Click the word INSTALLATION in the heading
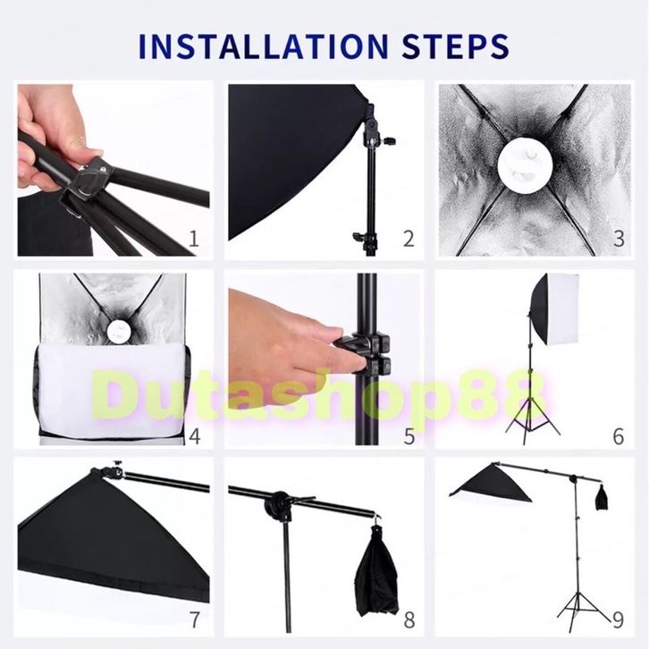(263, 46)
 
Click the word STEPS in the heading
(455, 46)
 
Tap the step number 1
(194, 239)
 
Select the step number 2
(409, 239)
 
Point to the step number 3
(619, 239)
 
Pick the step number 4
(195, 436)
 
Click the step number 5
(409, 436)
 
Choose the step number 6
(619, 436)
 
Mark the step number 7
(195, 619)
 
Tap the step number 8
(409, 619)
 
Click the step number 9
(618, 619)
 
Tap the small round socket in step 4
(115, 330)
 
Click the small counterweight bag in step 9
(602, 497)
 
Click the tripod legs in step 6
(532, 418)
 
